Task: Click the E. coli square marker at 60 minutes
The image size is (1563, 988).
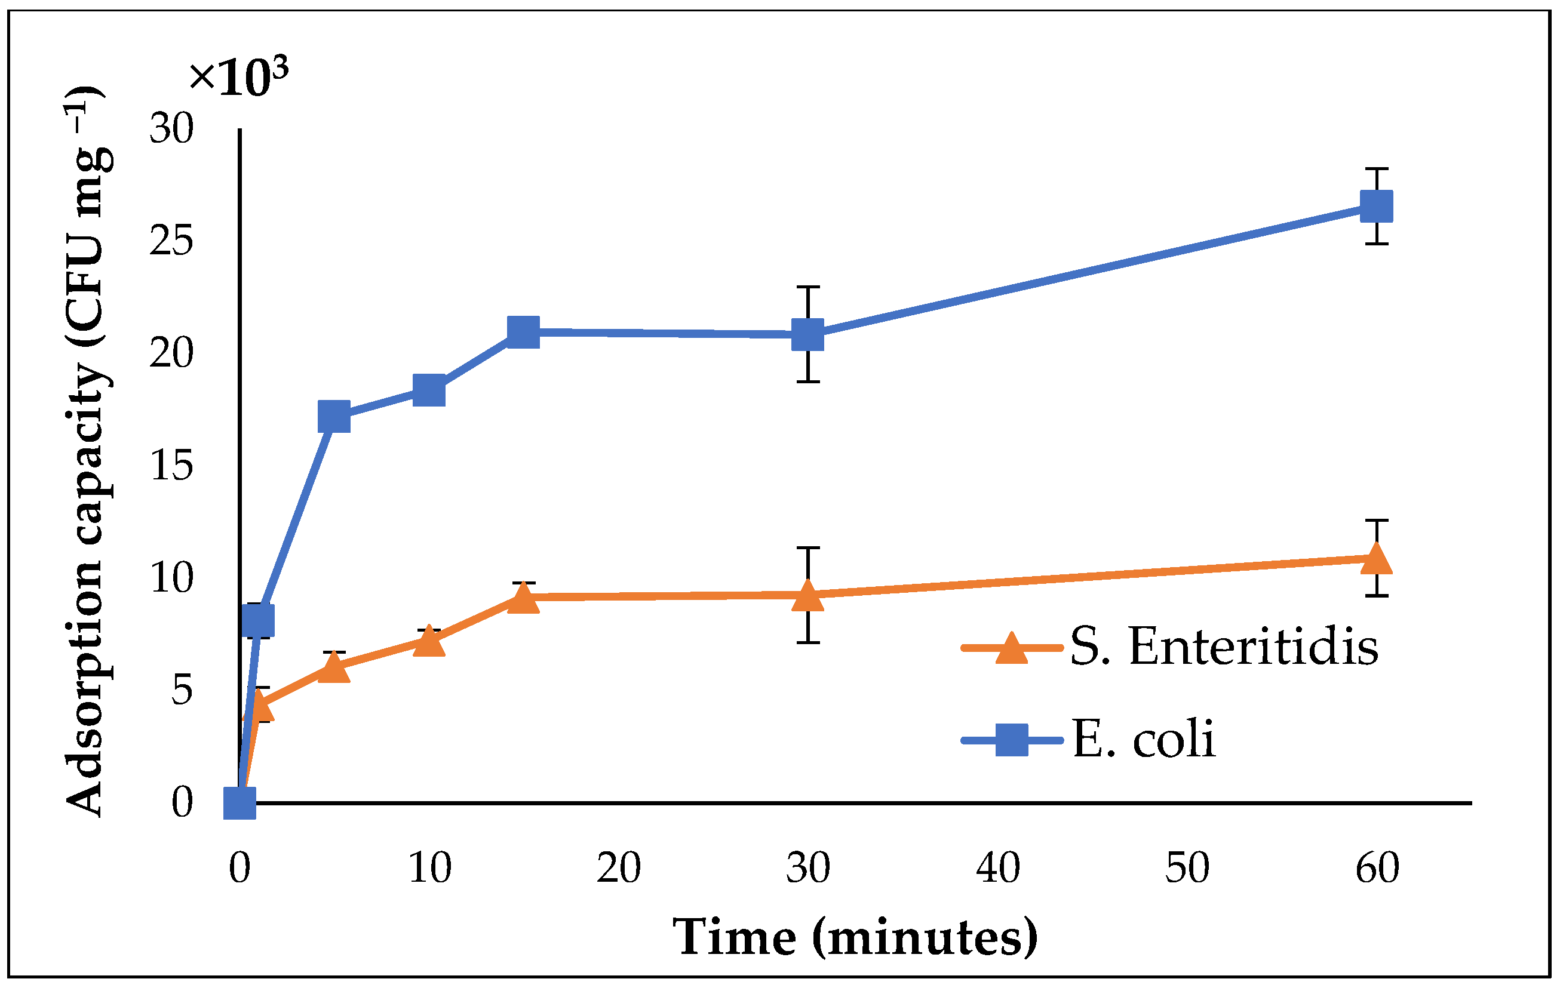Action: [1376, 207]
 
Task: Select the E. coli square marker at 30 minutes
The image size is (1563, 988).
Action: [807, 335]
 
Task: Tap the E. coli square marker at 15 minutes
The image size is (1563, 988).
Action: [523, 332]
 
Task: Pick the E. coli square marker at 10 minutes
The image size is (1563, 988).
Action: [429, 389]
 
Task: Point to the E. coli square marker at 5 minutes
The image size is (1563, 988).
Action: [334, 417]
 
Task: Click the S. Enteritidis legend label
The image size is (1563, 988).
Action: [1224, 647]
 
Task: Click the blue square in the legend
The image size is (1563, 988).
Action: [1011, 740]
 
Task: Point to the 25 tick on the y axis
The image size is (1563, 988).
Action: [171, 241]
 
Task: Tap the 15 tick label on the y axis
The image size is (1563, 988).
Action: [171, 466]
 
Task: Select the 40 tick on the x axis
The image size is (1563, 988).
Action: [997, 868]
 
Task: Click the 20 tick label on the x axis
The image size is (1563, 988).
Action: [619, 868]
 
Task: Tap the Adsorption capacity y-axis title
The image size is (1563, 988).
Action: [88, 451]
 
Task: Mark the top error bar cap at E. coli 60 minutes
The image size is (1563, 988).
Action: [1376, 169]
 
